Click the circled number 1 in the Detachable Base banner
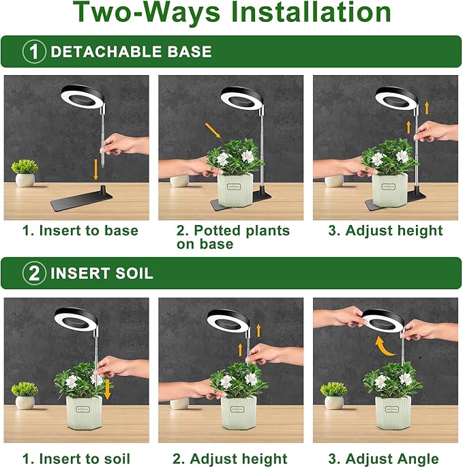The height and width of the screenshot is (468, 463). click(34, 52)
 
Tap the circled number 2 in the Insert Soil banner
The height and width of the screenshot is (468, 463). click(34, 274)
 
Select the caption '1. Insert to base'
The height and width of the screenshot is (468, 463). click(80, 231)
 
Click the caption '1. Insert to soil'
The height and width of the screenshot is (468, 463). click(76, 458)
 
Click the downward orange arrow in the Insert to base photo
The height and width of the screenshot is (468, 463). click(94, 169)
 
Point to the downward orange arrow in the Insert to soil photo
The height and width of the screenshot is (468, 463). click(106, 388)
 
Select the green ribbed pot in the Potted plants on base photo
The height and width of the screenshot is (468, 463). click(235, 192)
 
